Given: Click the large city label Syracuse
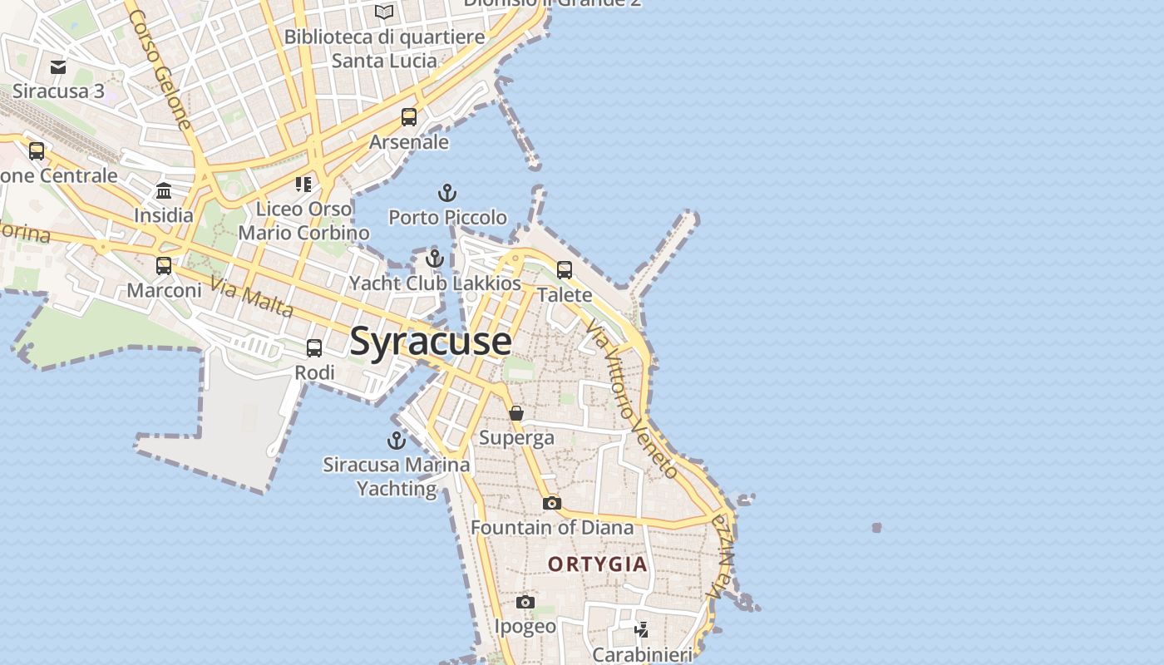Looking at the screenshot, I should pos(431,342).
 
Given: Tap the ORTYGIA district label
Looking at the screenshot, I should pos(597,564).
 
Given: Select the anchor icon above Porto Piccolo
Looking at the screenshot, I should pos(447,194).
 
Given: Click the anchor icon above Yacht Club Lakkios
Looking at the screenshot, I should pos(434,259).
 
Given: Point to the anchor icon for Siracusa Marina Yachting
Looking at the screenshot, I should pos(397,441).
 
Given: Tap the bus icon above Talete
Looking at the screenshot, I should pos(565,269).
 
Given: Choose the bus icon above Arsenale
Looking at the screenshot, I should pos(409,117).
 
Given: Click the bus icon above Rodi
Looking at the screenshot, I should pos(314,348).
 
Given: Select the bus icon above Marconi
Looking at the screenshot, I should pos(164,266).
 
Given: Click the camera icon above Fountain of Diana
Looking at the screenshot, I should pos(551,503).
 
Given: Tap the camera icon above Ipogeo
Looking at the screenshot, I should pos(525,602).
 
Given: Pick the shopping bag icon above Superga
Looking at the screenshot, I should pos(516,413).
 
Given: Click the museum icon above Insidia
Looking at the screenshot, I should pos(164,192).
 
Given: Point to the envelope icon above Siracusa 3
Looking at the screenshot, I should pos(58,67).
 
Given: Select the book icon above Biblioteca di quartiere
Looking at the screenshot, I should pos(383,12).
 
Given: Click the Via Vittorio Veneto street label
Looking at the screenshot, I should pos(632,399).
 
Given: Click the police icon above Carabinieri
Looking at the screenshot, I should pos(641,630).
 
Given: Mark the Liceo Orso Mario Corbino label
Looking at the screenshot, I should pos(303,220).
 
